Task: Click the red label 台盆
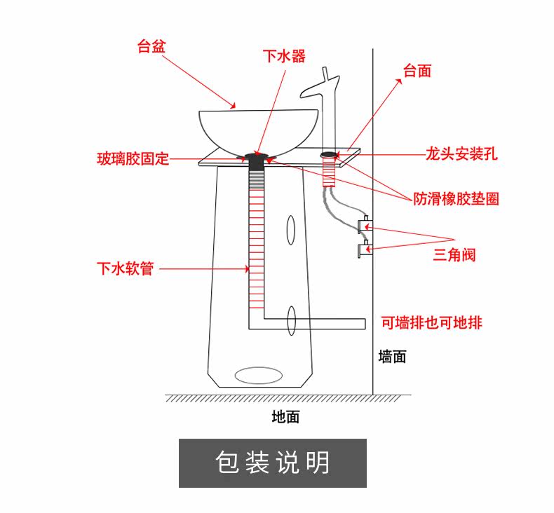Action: click(x=151, y=46)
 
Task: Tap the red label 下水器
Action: click(x=284, y=56)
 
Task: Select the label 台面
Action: click(x=417, y=71)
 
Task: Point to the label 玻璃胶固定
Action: click(x=133, y=158)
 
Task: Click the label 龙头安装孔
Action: click(x=461, y=153)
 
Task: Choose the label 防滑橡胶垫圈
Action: click(x=456, y=199)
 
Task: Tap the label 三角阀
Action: click(x=454, y=254)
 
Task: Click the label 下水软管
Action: click(x=126, y=268)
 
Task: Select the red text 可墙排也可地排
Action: click(x=432, y=322)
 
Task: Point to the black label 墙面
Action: click(x=392, y=356)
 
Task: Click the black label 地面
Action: click(x=285, y=416)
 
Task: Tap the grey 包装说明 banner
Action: click(x=273, y=463)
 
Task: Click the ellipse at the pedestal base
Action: click(x=259, y=376)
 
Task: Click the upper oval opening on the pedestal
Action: click(x=290, y=230)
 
